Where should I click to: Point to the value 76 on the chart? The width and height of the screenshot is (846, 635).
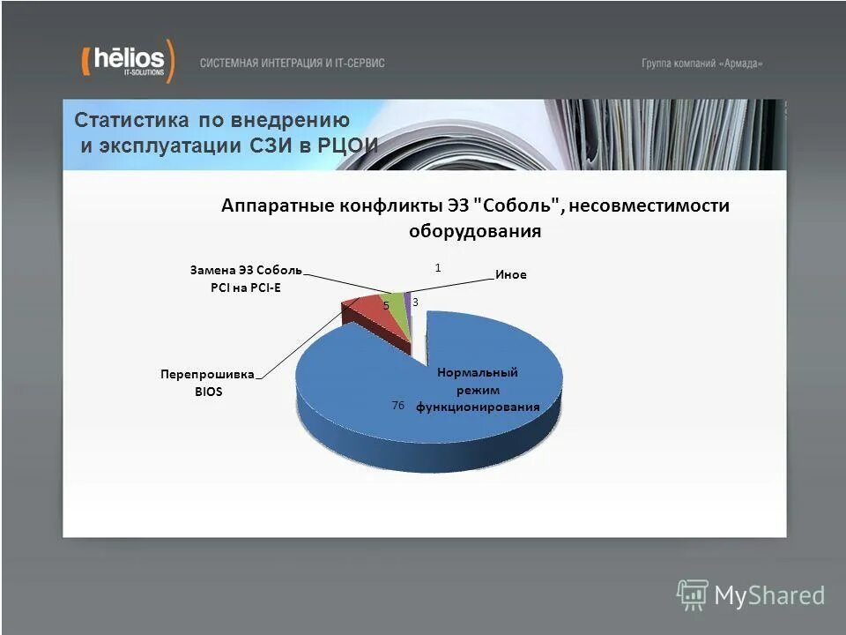point(397,405)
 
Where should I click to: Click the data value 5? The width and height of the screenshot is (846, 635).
point(386,304)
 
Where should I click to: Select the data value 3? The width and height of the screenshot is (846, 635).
point(415,303)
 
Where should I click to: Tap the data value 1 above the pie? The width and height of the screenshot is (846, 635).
point(438,265)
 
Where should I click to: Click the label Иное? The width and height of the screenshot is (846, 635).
point(510,274)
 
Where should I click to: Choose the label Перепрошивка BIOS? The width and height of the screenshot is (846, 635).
point(208,383)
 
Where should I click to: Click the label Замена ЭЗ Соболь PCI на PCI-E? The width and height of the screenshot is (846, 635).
point(246,278)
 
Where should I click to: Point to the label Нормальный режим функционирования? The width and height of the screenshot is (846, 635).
point(477,390)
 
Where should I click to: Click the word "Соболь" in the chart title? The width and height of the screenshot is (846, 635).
point(516,205)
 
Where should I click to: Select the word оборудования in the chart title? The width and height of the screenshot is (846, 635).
point(474,232)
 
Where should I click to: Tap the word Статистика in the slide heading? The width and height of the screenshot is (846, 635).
point(131,121)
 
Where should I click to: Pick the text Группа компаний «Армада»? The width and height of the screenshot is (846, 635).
point(701,63)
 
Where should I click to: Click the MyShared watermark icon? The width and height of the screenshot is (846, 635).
point(692,595)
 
